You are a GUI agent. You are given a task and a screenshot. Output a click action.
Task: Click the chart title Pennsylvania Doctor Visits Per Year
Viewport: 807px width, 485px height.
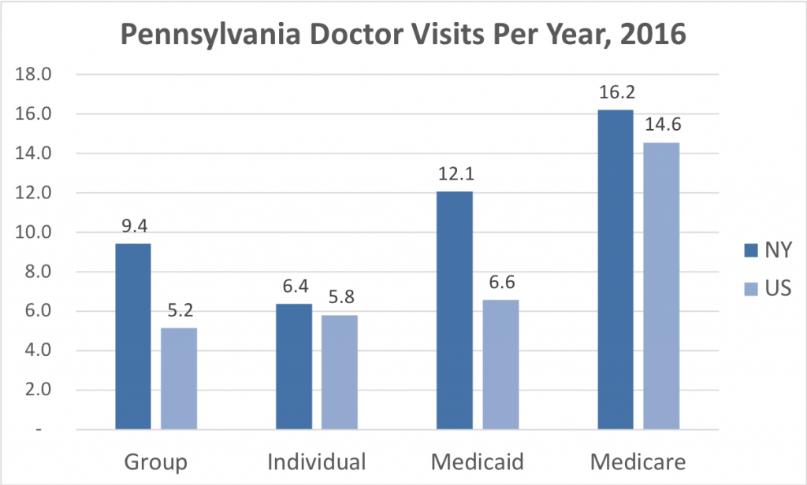[x=403, y=35]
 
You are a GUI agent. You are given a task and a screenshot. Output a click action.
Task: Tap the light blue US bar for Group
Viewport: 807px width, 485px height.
[x=179, y=379]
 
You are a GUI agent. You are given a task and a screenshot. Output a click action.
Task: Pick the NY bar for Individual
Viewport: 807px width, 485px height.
[x=294, y=367]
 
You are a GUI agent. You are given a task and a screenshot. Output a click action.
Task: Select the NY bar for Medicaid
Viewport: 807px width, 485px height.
[x=455, y=311]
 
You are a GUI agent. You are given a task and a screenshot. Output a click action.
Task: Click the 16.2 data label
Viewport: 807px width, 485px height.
[x=615, y=94]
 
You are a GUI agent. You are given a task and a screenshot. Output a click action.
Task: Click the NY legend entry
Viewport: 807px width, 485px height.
[x=764, y=250]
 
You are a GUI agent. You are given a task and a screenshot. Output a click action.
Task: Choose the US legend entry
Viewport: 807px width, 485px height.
[x=764, y=289]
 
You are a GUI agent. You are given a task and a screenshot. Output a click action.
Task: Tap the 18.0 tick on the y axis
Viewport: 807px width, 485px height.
[x=34, y=75]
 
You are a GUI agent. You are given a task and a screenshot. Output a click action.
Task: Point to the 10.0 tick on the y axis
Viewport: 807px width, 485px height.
[x=34, y=233]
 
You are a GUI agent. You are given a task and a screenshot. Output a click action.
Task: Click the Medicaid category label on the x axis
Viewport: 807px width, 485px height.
[x=478, y=461]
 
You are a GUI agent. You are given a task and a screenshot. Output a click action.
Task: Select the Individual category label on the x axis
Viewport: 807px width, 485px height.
[x=317, y=461]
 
